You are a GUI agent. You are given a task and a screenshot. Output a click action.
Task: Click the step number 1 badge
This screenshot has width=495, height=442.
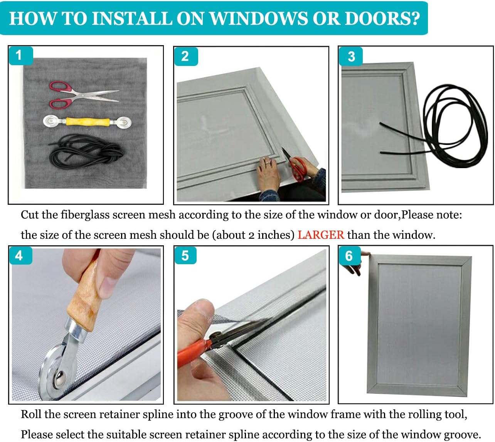tap(21, 56)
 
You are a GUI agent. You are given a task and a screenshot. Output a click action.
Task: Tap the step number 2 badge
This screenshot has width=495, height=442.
tap(186, 56)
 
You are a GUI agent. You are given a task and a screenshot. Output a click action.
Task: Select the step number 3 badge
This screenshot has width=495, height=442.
tap(351, 56)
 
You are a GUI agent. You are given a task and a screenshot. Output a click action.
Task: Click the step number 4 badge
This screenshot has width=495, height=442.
tap(20, 255)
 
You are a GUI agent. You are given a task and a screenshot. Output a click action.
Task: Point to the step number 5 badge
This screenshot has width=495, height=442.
tap(185, 255)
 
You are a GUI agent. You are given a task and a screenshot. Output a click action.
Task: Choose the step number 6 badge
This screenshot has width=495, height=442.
tap(349, 255)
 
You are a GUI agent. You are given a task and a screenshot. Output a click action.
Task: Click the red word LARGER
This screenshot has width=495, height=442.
tap(321, 235)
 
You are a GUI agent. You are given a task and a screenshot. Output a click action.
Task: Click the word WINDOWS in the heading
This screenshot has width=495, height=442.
tap(259, 18)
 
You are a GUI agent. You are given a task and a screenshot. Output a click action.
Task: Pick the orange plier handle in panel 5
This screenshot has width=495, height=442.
tap(193, 352)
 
